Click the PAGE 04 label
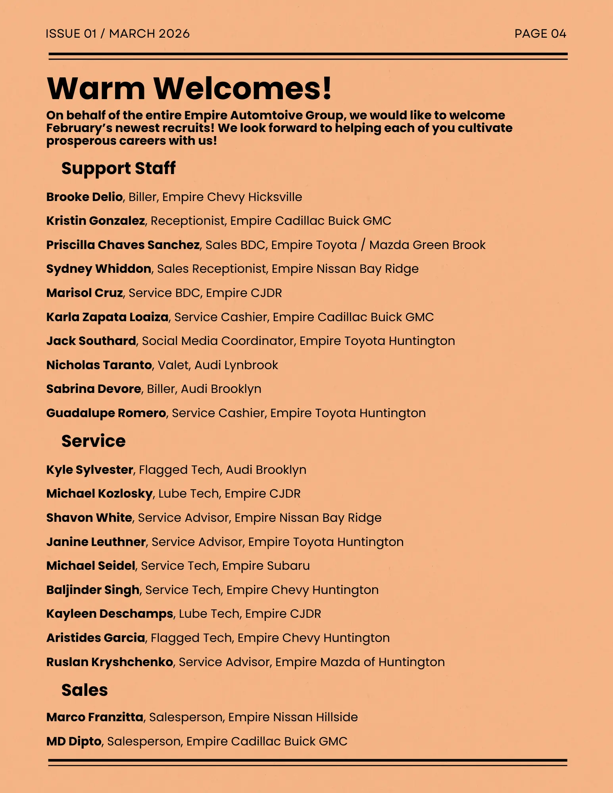click(x=540, y=34)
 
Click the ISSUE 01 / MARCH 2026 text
click(x=117, y=34)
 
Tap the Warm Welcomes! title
click(x=189, y=88)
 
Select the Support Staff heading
click(x=118, y=169)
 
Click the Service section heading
click(x=93, y=441)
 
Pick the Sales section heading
click(x=85, y=690)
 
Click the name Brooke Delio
click(x=85, y=197)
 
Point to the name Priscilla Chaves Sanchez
click(x=123, y=245)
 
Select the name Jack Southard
click(x=91, y=341)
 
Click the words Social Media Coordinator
click(x=218, y=341)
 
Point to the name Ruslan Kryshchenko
click(x=110, y=662)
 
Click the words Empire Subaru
click(x=266, y=566)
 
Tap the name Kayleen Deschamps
click(x=110, y=614)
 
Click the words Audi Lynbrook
click(x=236, y=365)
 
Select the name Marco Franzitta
click(x=95, y=717)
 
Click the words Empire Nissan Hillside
click(x=293, y=717)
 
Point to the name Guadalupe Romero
click(x=106, y=413)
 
